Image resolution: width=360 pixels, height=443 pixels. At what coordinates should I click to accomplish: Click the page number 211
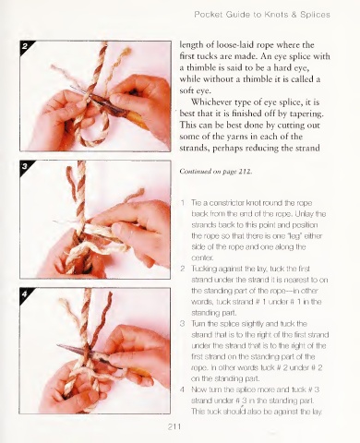tap(174, 426)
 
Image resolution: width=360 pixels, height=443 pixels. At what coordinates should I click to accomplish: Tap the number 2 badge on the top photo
tap(25, 46)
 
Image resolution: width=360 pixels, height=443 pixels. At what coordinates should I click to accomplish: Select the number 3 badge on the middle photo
tap(25, 166)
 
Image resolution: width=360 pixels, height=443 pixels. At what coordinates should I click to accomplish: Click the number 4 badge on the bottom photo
tap(25, 293)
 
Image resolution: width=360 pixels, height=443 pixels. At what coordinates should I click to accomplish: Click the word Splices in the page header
tap(315, 15)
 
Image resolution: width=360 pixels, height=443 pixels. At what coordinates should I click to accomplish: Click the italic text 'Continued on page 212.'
tap(216, 172)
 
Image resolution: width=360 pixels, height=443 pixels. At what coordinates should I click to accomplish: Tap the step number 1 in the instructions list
tap(183, 203)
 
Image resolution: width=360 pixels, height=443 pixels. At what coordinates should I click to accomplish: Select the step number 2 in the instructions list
tap(183, 269)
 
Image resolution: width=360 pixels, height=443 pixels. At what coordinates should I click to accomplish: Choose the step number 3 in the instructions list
tap(183, 324)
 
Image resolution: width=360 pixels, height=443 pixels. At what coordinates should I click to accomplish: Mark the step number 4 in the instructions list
tap(183, 389)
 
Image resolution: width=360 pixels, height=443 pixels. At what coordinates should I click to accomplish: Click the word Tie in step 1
tap(196, 203)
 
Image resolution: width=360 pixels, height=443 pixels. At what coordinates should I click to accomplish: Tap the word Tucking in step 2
tap(203, 269)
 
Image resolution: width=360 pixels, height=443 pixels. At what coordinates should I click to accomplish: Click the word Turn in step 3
tap(198, 324)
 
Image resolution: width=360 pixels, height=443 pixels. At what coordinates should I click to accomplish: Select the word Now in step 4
tap(198, 389)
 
